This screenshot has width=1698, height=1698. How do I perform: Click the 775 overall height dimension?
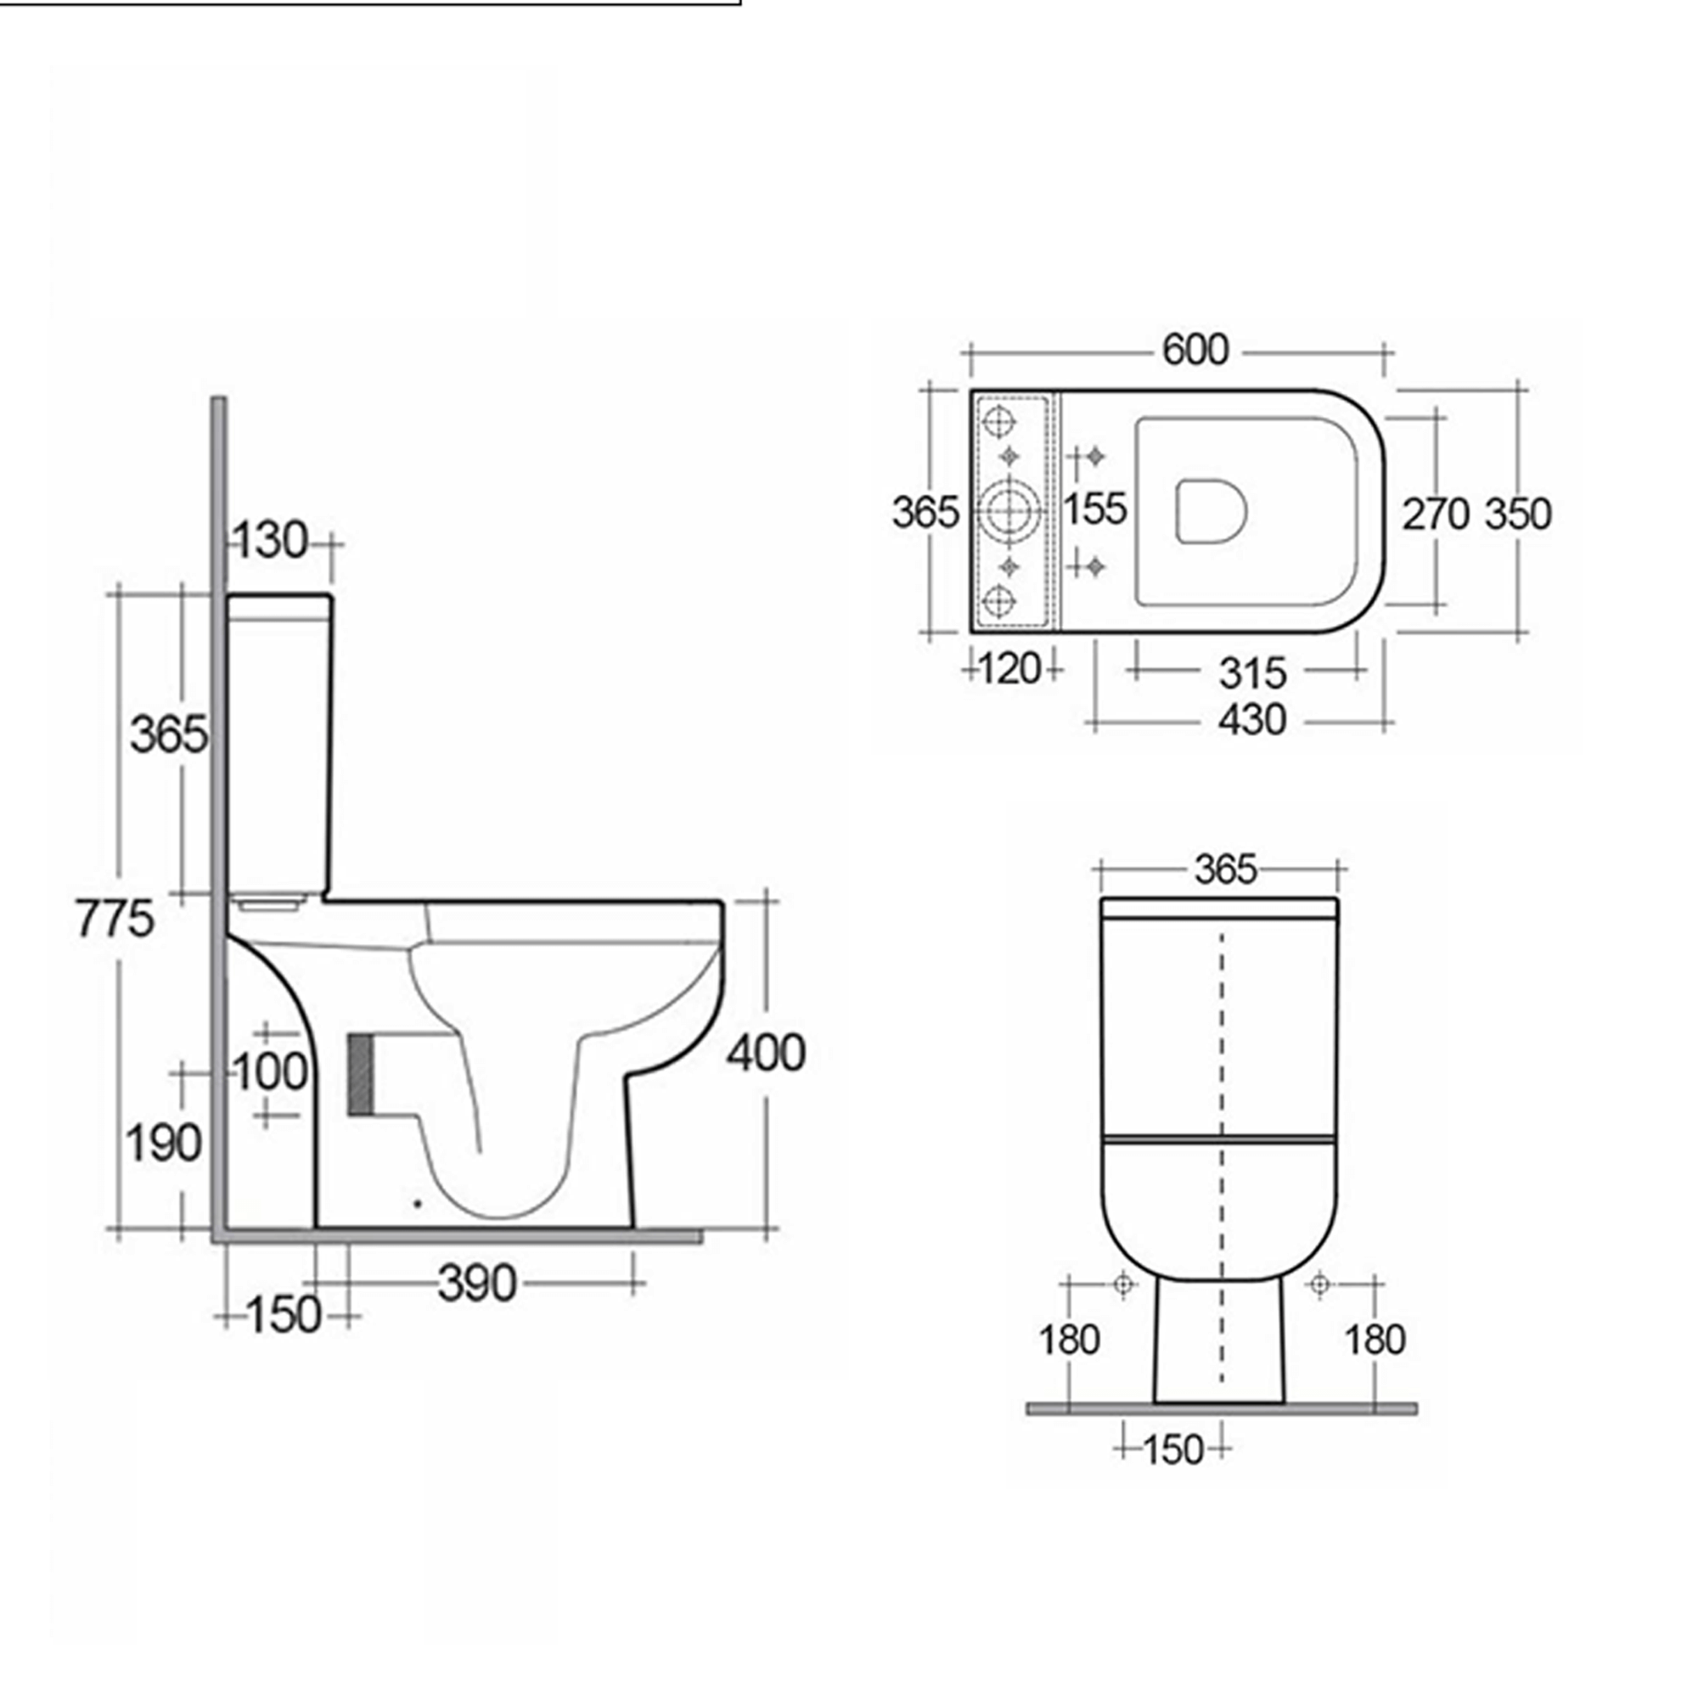[x=115, y=919]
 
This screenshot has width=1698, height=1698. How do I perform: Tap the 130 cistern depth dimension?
[x=271, y=541]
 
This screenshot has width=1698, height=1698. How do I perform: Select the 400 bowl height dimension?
[x=766, y=1053]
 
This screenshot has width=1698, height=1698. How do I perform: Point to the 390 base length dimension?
[x=477, y=1284]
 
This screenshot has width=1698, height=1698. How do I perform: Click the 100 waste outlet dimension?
[x=271, y=1071]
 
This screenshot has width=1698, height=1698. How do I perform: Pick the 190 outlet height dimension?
[x=164, y=1144]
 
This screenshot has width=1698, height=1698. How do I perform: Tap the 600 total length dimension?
[x=1195, y=351]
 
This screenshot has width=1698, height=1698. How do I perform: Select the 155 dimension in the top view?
[x=1095, y=509]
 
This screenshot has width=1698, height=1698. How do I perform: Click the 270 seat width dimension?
[x=1434, y=514]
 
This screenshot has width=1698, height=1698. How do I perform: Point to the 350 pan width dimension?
[x=1518, y=514]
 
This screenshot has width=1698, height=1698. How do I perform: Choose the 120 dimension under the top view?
[x=1009, y=670]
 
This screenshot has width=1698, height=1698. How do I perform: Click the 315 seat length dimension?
[x=1252, y=674]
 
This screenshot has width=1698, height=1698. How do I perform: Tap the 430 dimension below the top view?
[x=1252, y=721]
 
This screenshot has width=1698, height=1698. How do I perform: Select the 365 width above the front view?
[x=1225, y=870]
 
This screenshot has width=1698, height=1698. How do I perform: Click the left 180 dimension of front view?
[x=1069, y=1341]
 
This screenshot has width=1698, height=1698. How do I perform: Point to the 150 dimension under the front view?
[x=1172, y=1449]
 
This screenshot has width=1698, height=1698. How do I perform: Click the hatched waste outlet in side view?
[x=358, y=1074]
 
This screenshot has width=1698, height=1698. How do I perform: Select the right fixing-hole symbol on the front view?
[x=1318, y=1284]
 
